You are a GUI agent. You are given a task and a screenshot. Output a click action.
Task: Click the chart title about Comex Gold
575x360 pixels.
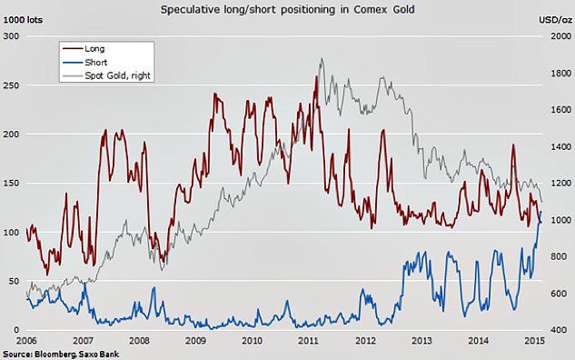pos(287,9)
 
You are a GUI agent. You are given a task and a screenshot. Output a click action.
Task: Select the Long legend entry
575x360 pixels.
pos(84,49)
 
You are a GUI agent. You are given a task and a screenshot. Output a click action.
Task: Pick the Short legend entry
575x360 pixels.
pos(85,63)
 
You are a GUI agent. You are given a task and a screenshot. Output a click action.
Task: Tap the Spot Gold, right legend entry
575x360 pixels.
pos(106,75)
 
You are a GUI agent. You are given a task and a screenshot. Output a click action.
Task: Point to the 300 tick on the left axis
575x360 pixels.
pos(12,36)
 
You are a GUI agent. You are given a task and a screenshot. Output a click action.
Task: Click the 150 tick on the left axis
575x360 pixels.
pos(12,183)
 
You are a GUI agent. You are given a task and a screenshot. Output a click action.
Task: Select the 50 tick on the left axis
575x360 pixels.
pos(14,281)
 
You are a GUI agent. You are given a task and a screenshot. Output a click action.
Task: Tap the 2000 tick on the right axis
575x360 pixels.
pos(560,36)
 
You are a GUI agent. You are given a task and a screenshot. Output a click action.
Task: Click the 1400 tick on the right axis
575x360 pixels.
pos(560,146)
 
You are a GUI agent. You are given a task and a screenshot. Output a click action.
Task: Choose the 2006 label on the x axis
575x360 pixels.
pos(26,341)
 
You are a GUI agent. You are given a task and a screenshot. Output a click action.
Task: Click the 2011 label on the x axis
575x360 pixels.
pos(308,341)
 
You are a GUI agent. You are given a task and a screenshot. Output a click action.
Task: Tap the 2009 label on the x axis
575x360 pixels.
pos(195,341)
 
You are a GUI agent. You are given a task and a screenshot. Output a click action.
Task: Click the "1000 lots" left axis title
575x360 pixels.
pos(23,20)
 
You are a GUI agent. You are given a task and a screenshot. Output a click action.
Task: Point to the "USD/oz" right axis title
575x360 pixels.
pos(555,20)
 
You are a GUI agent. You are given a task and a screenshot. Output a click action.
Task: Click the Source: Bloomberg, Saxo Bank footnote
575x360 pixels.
pos(61,355)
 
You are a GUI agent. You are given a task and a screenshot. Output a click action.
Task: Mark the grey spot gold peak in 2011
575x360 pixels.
pos(322,58)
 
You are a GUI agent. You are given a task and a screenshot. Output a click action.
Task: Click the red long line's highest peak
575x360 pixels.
pos(316,76)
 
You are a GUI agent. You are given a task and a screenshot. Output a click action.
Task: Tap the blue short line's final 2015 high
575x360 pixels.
pos(541,212)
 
